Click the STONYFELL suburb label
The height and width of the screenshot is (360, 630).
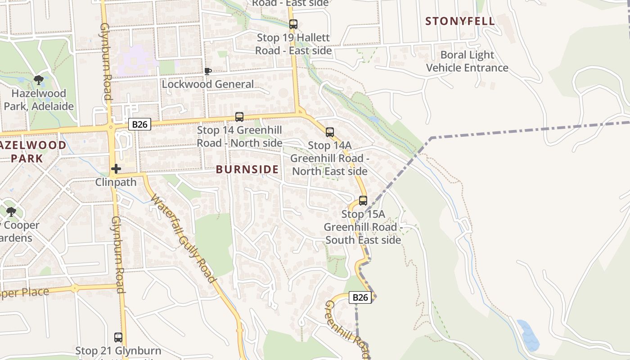[x=460, y=21]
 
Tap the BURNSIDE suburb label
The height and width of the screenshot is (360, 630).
[x=247, y=169]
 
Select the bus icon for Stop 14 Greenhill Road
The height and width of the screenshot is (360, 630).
[x=239, y=117]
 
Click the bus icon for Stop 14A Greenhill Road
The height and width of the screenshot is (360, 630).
[x=330, y=132]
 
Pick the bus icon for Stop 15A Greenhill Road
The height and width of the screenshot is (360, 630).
[x=363, y=201]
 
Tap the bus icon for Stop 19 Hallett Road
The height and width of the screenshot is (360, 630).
[x=293, y=24]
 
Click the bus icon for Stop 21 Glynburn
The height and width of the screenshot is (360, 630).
[x=118, y=337]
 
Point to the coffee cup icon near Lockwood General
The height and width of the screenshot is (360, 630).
[x=207, y=71]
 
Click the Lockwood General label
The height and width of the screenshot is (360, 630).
[x=207, y=84]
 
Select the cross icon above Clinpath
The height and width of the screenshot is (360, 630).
[x=116, y=169]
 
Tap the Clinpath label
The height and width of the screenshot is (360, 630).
[x=116, y=182]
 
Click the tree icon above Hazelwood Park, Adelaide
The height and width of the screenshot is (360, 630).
[x=39, y=81]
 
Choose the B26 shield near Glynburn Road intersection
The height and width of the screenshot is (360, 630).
[x=139, y=124]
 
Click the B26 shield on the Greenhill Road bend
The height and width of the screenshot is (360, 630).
[x=360, y=297]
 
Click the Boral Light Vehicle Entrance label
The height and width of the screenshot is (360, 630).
[x=467, y=61]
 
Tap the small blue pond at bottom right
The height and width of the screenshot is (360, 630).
[x=527, y=335]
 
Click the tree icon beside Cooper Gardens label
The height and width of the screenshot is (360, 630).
[x=11, y=212]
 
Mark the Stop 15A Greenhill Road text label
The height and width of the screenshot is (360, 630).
[x=363, y=227]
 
